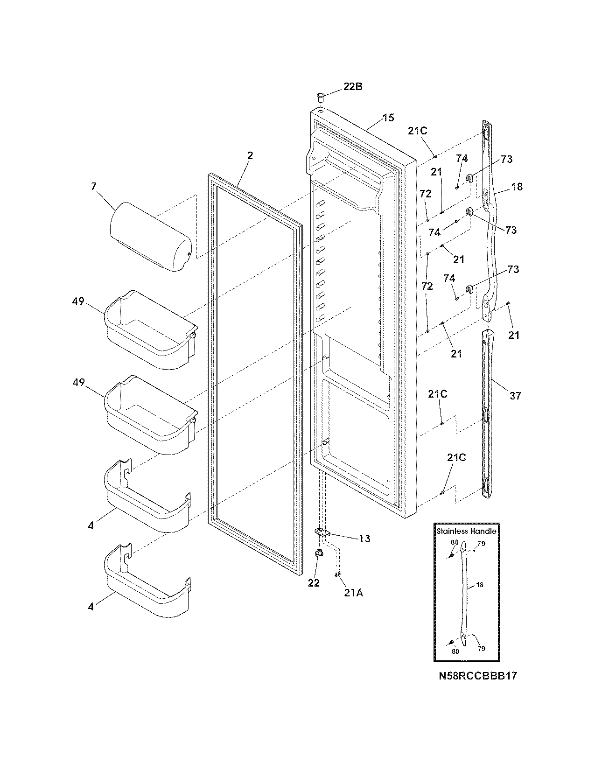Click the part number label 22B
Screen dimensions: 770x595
click(353, 86)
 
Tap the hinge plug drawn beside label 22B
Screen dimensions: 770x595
click(320, 97)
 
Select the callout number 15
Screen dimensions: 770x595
click(388, 118)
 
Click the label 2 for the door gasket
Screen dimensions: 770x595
click(250, 156)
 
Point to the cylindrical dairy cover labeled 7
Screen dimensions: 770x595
click(150, 236)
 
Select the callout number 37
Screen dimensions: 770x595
click(515, 396)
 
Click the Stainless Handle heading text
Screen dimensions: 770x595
click(466, 531)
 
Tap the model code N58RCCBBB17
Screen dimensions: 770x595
click(478, 675)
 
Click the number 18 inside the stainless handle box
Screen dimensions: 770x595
click(480, 584)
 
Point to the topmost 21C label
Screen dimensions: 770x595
click(417, 131)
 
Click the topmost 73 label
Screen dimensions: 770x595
click(506, 159)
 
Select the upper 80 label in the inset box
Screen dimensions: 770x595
click(455, 542)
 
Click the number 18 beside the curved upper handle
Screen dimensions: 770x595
click(517, 187)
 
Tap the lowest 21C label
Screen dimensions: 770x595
click(456, 458)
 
